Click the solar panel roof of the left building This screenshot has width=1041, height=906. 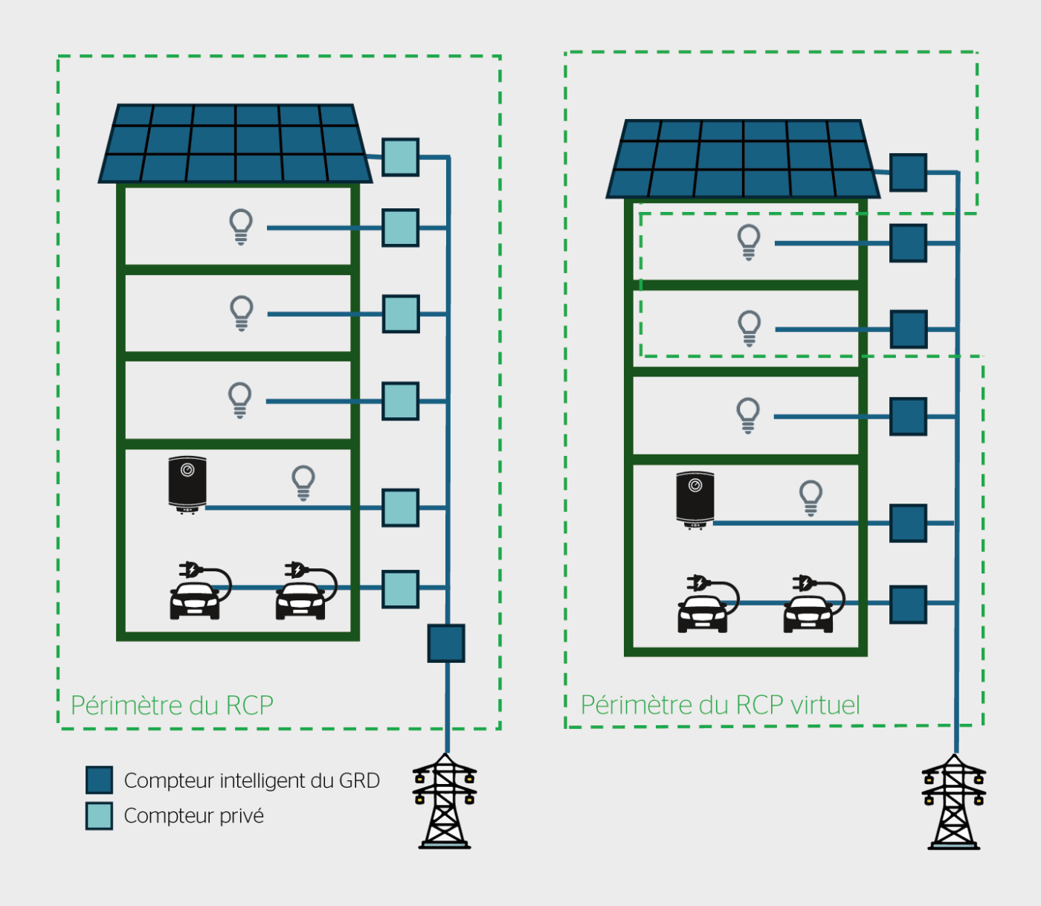[x=235, y=144]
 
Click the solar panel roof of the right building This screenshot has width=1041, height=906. [x=743, y=159]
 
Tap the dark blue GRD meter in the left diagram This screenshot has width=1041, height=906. [x=446, y=643]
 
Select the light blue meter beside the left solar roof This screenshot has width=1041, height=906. [x=400, y=157]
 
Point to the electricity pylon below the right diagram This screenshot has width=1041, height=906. [x=954, y=803]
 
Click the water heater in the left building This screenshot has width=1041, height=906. [x=187, y=484]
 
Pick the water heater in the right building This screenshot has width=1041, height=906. [x=695, y=500]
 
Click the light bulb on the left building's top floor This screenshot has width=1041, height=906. [x=241, y=227]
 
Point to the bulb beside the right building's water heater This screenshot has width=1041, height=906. [x=810, y=498]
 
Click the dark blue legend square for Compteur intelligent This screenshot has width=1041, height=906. [x=99, y=780]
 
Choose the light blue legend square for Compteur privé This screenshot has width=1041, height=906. [x=99, y=815]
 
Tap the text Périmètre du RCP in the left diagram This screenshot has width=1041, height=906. [x=172, y=705]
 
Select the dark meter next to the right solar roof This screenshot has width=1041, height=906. [x=908, y=173]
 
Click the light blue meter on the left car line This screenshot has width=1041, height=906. [x=400, y=588]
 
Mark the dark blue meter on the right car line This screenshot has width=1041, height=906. [x=908, y=604]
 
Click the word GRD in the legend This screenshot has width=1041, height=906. [x=359, y=780]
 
